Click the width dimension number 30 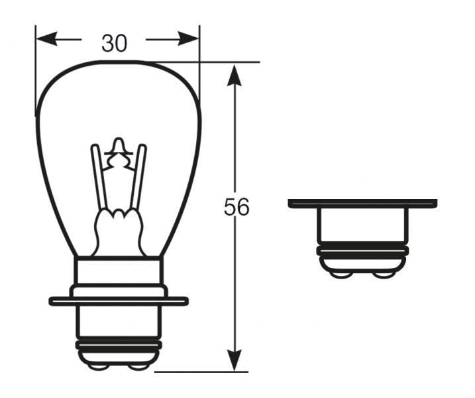(x=114, y=43)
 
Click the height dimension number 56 (x=237, y=208)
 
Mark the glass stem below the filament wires (x=119, y=232)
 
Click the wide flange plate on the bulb (x=119, y=300)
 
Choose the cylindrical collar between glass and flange (x=119, y=272)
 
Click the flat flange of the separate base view (x=362, y=203)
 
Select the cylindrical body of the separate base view (x=362, y=226)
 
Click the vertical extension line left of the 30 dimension (x=36, y=73)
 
